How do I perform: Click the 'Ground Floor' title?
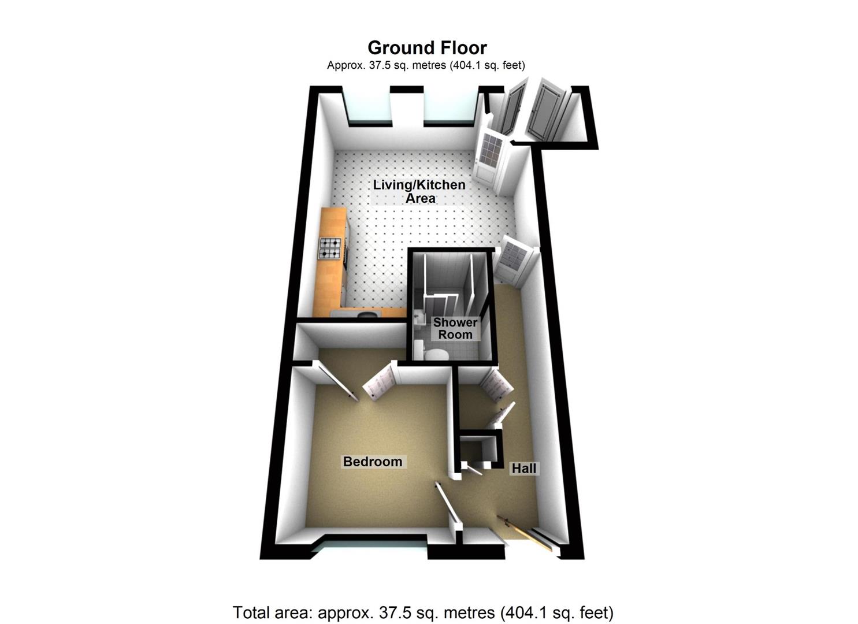click(x=427, y=47)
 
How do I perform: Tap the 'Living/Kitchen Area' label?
click(x=419, y=191)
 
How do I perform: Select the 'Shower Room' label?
click(x=455, y=328)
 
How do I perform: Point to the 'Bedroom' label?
click(x=373, y=462)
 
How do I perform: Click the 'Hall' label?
click(x=524, y=469)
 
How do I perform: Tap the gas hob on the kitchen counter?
click(x=330, y=248)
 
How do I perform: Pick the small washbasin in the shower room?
click(x=418, y=317)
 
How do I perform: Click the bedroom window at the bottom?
click(x=370, y=544)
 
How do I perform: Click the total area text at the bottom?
click(x=422, y=612)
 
